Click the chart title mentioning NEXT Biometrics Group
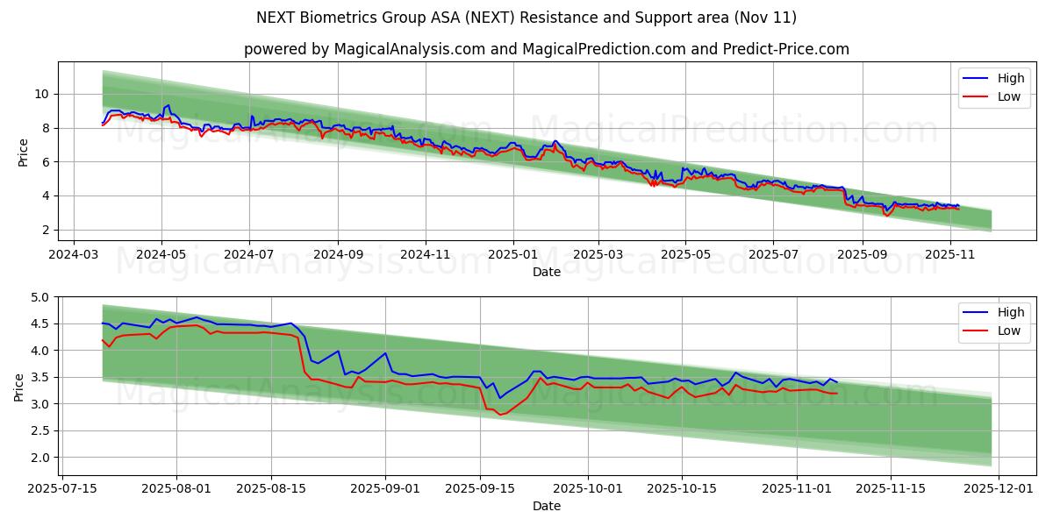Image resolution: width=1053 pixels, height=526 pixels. point(526,18)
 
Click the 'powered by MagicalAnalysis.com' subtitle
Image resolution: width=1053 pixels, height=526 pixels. point(546,49)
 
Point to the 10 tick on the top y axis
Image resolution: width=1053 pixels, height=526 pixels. point(41,94)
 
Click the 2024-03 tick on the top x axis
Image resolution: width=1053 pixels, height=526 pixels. point(73,255)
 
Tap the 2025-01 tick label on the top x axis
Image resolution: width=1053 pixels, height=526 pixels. point(512,255)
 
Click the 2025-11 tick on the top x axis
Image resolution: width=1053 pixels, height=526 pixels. point(950,255)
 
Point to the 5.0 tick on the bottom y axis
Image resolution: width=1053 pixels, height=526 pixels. point(39,297)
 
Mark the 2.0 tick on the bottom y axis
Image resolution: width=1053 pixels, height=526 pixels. point(39,458)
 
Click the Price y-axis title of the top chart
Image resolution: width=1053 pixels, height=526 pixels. point(23,151)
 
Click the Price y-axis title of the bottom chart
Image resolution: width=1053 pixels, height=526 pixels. point(19,386)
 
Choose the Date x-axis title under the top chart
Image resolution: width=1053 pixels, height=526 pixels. point(546,273)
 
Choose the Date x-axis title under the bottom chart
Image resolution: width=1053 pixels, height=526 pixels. point(546,506)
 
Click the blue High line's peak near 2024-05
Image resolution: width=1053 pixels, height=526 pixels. point(168,105)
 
